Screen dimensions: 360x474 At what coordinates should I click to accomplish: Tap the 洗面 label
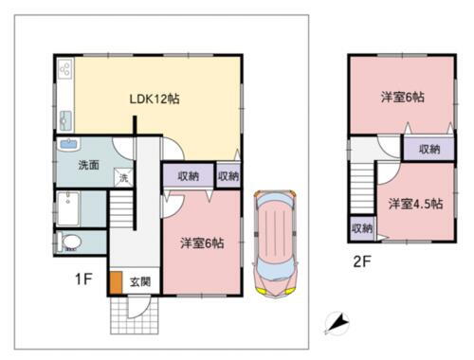[78, 163]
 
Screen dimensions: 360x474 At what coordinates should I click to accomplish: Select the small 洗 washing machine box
[123, 177]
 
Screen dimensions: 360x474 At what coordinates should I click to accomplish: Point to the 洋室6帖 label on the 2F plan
[402, 97]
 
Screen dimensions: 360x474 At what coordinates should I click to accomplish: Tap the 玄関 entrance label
[139, 281]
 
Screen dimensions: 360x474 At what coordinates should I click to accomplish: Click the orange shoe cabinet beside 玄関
[115, 282]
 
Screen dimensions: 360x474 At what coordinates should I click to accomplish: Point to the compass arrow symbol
[336, 325]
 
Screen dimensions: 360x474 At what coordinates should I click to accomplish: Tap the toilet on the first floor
[71, 243]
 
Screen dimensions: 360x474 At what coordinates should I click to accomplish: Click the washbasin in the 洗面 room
[67, 145]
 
